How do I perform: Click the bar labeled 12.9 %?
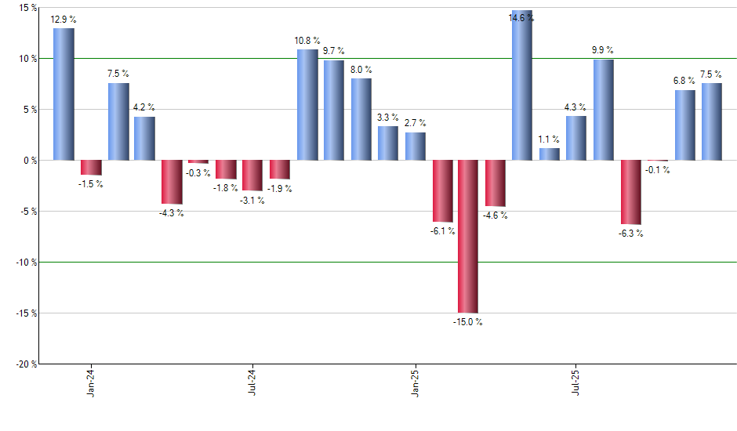[x=64, y=94]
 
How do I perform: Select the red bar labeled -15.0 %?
[x=469, y=236]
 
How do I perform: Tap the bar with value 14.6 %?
[x=522, y=85]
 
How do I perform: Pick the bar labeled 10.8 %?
[x=307, y=105]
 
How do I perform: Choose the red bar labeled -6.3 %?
[x=630, y=192]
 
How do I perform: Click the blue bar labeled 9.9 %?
[x=603, y=110]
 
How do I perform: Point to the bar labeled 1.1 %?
[x=550, y=154]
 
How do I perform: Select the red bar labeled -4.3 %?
[x=172, y=182]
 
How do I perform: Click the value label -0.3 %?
[x=198, y=173]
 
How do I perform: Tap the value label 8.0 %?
[x=361, y=70]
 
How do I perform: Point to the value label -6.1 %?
[x=442, y=231]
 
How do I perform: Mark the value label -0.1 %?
[x=657, y=170]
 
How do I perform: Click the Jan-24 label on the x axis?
[x=92, y=382]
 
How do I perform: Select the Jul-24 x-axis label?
[x=253, y=382]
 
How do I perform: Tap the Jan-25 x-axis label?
[x=416, y=382]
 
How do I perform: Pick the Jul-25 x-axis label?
[x=577, y=382]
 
